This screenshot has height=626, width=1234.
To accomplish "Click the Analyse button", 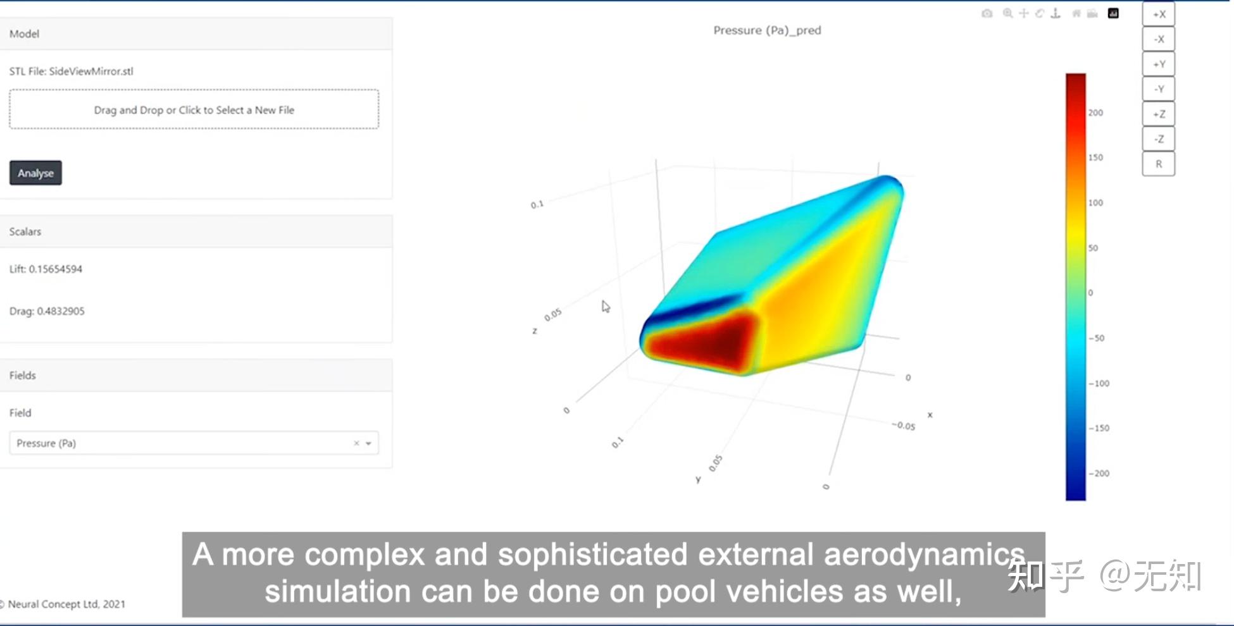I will click(35, 173).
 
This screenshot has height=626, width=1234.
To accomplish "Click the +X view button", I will click(1158, 15).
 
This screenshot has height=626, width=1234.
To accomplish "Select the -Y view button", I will click(1158, 89).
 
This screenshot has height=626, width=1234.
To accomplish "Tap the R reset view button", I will click(1158, 164).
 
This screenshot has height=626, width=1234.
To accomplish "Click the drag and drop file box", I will click(194, 109).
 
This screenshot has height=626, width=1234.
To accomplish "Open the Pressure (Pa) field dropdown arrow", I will click(368, 443).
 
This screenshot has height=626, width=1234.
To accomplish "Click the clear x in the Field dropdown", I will click(356, 443).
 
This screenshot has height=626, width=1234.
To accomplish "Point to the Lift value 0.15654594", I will click(55, 269).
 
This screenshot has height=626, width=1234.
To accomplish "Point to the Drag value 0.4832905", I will click(60, 311).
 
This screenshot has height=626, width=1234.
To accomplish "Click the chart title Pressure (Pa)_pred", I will click(767, 30).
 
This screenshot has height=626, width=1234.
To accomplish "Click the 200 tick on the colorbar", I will click(1095, 113).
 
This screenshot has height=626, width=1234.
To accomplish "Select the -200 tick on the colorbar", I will click(1099, 474).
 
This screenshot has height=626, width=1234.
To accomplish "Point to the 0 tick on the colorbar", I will click(1090, 293).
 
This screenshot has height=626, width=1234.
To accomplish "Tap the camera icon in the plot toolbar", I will click(987, 13).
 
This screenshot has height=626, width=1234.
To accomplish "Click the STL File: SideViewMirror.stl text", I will click(71, 71).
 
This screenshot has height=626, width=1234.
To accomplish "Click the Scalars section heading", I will click(25, 231).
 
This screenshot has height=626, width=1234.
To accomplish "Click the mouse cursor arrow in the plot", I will click(606, 307).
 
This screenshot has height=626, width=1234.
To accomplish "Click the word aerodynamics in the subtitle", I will click(924, 555).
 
